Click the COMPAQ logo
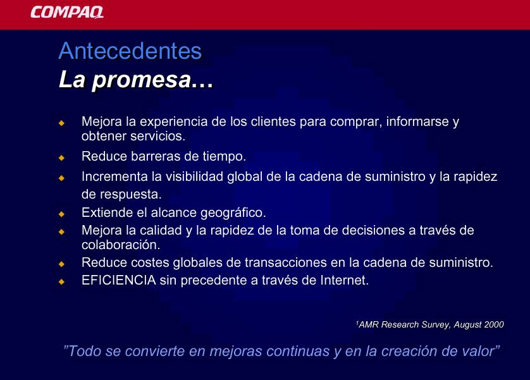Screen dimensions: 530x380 67,12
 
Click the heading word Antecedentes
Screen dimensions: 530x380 130,51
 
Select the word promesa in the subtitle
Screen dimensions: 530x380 142,80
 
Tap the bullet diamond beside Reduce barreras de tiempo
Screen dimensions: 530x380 61,157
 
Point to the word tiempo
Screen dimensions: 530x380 224,156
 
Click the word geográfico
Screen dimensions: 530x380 233,213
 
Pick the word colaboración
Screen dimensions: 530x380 121,245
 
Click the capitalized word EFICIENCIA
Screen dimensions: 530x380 119,280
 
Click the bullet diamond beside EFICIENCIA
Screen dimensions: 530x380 61,281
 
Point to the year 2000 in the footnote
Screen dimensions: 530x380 494,324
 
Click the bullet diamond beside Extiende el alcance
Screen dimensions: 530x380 61,214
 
